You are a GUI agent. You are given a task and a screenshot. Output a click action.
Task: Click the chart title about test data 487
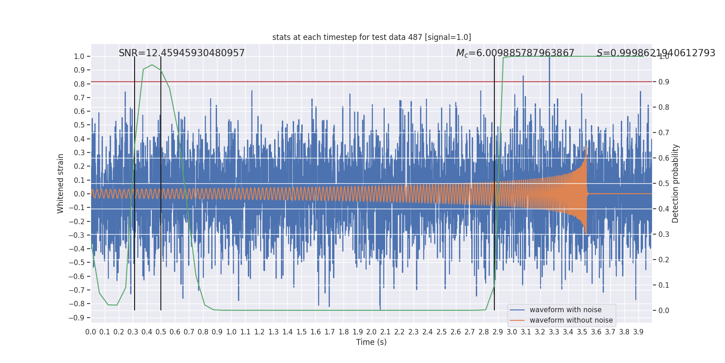click(372, 37)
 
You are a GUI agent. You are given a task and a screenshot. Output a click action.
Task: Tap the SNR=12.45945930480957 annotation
click(182, 53)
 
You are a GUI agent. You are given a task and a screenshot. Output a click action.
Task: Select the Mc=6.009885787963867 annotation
click(515, 53)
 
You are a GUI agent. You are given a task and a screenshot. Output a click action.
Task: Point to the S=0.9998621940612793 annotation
click(656, 53)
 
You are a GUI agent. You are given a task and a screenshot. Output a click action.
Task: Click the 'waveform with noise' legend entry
click(565, 310)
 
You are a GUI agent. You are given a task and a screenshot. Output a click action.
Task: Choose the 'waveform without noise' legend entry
click(571, 320)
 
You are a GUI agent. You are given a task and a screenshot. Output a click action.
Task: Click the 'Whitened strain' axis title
click(60, 184)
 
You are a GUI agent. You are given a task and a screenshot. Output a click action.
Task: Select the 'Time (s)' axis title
click(372, 342)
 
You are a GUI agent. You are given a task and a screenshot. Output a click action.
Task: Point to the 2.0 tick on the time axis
click(372, 332)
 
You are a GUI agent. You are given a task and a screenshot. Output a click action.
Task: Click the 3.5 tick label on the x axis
click(582, 332)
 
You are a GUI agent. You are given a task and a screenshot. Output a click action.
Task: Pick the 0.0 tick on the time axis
click(91, 332)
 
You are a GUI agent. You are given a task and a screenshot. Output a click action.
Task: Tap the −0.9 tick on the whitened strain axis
click(77, 318)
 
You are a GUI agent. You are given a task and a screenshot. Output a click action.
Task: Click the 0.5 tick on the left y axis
click(79, 125)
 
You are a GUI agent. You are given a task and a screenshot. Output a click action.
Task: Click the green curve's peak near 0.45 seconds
click(152, 65)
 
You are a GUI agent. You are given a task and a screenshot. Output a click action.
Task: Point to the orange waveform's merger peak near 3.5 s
click(586, 147)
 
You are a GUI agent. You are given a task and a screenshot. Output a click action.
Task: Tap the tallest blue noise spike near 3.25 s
click(549, 58)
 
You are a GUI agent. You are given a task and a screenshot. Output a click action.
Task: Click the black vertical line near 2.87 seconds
click(494, 183)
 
